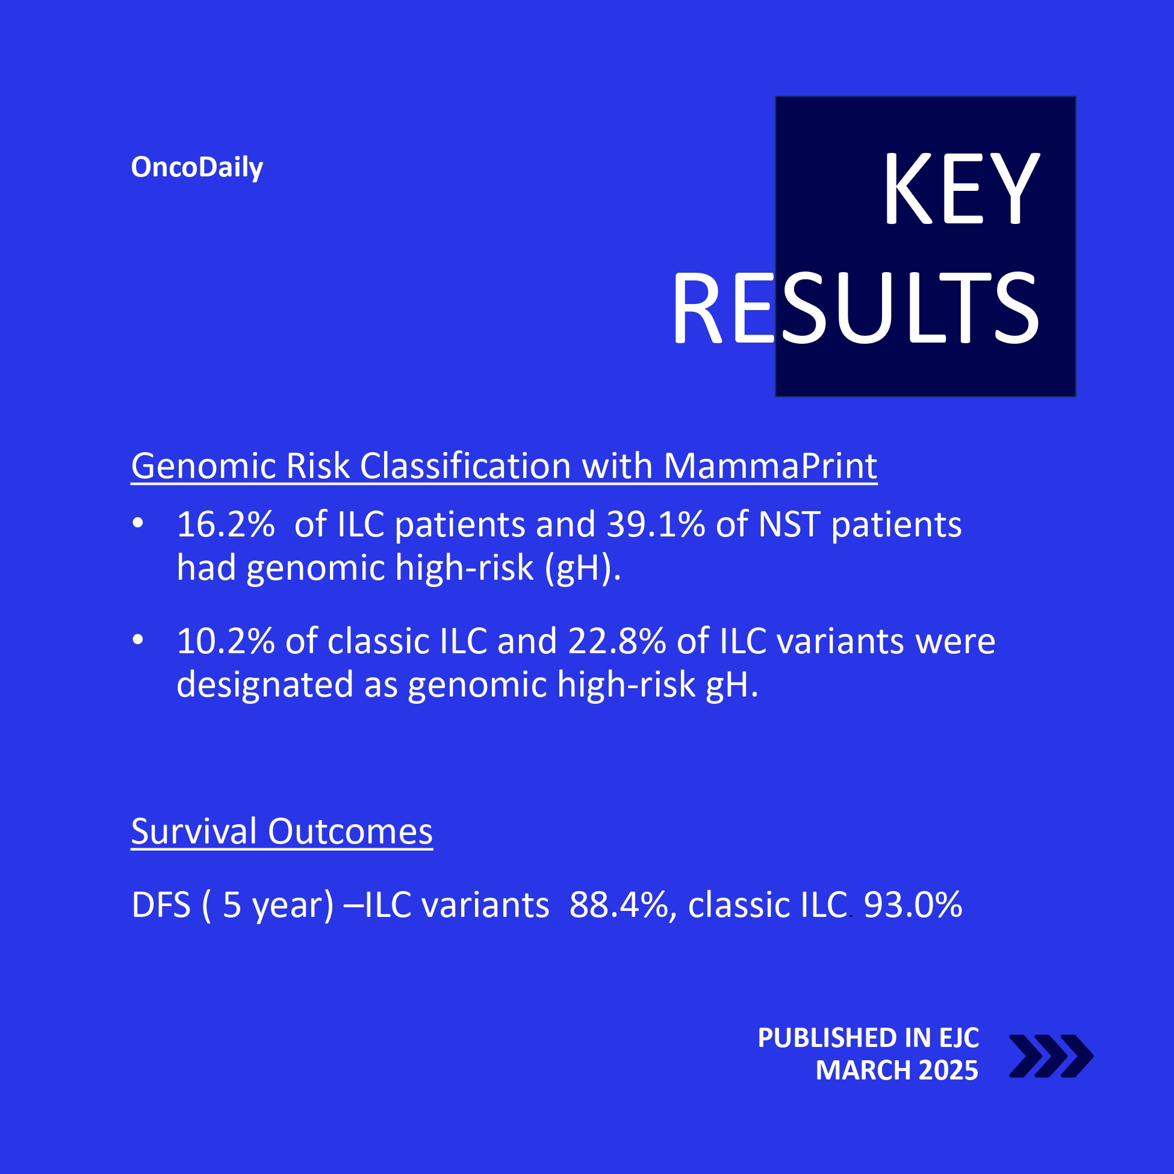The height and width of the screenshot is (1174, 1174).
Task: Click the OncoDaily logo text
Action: point(197,168)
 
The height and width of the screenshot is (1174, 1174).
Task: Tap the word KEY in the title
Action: point(961,189)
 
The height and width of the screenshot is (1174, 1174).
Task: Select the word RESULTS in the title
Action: point(855,309)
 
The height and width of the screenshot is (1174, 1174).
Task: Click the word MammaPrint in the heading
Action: point(770,466)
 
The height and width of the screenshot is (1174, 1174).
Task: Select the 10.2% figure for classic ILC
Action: point(226,641)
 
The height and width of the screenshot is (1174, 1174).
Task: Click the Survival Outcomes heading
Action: point(282,831)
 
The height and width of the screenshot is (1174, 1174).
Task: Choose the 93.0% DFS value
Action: point(913,905)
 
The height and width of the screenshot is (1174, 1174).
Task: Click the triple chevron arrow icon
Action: point(1051,1056)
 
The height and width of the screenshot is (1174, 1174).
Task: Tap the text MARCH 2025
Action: point(897,1070)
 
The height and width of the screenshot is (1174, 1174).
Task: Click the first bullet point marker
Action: point(138,523)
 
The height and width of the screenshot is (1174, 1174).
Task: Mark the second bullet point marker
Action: point(138,640)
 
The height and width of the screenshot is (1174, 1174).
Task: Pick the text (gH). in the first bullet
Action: point(583,568)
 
